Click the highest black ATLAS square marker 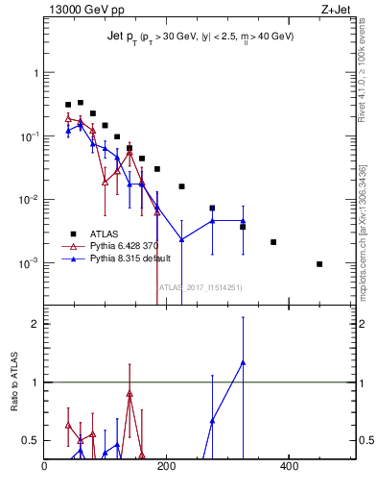81,102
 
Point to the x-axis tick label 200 166,467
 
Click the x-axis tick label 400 289,467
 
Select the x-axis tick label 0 44,467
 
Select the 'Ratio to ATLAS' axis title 14,381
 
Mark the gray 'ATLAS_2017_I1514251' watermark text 200,286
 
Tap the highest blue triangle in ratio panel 243,362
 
